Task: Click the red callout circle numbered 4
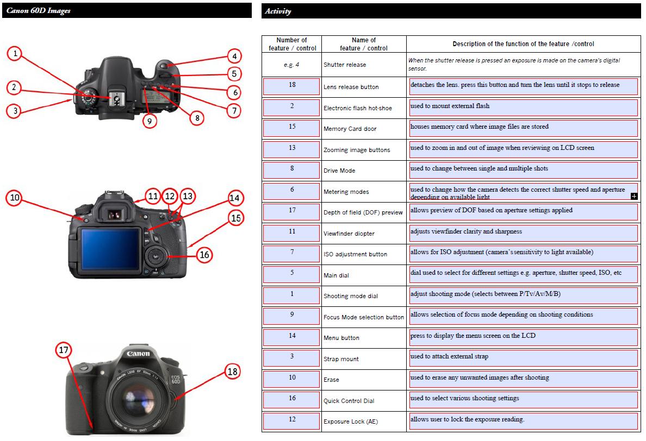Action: [x=234, y=56]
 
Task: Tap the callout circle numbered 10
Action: [x=15, y=199]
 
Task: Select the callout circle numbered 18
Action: [x=232, y=371]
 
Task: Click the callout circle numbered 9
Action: [x=150, y=121]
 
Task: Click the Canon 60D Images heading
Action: [x=39, y=10]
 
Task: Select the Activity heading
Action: [x=278, y=11]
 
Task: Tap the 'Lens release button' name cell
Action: [x=351, y=87]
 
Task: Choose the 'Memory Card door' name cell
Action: [x=350, y=129]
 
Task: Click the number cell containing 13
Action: [x=292, y=148]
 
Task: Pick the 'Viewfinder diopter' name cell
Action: [x=349, y=234]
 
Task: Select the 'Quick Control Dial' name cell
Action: [x=349, y=401]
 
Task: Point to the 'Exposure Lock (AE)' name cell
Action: [x=350, y=421]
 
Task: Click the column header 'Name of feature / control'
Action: [x=364, y=44]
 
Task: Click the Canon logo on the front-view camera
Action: [x=138, y=354]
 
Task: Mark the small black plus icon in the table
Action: [x=634, y=196]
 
